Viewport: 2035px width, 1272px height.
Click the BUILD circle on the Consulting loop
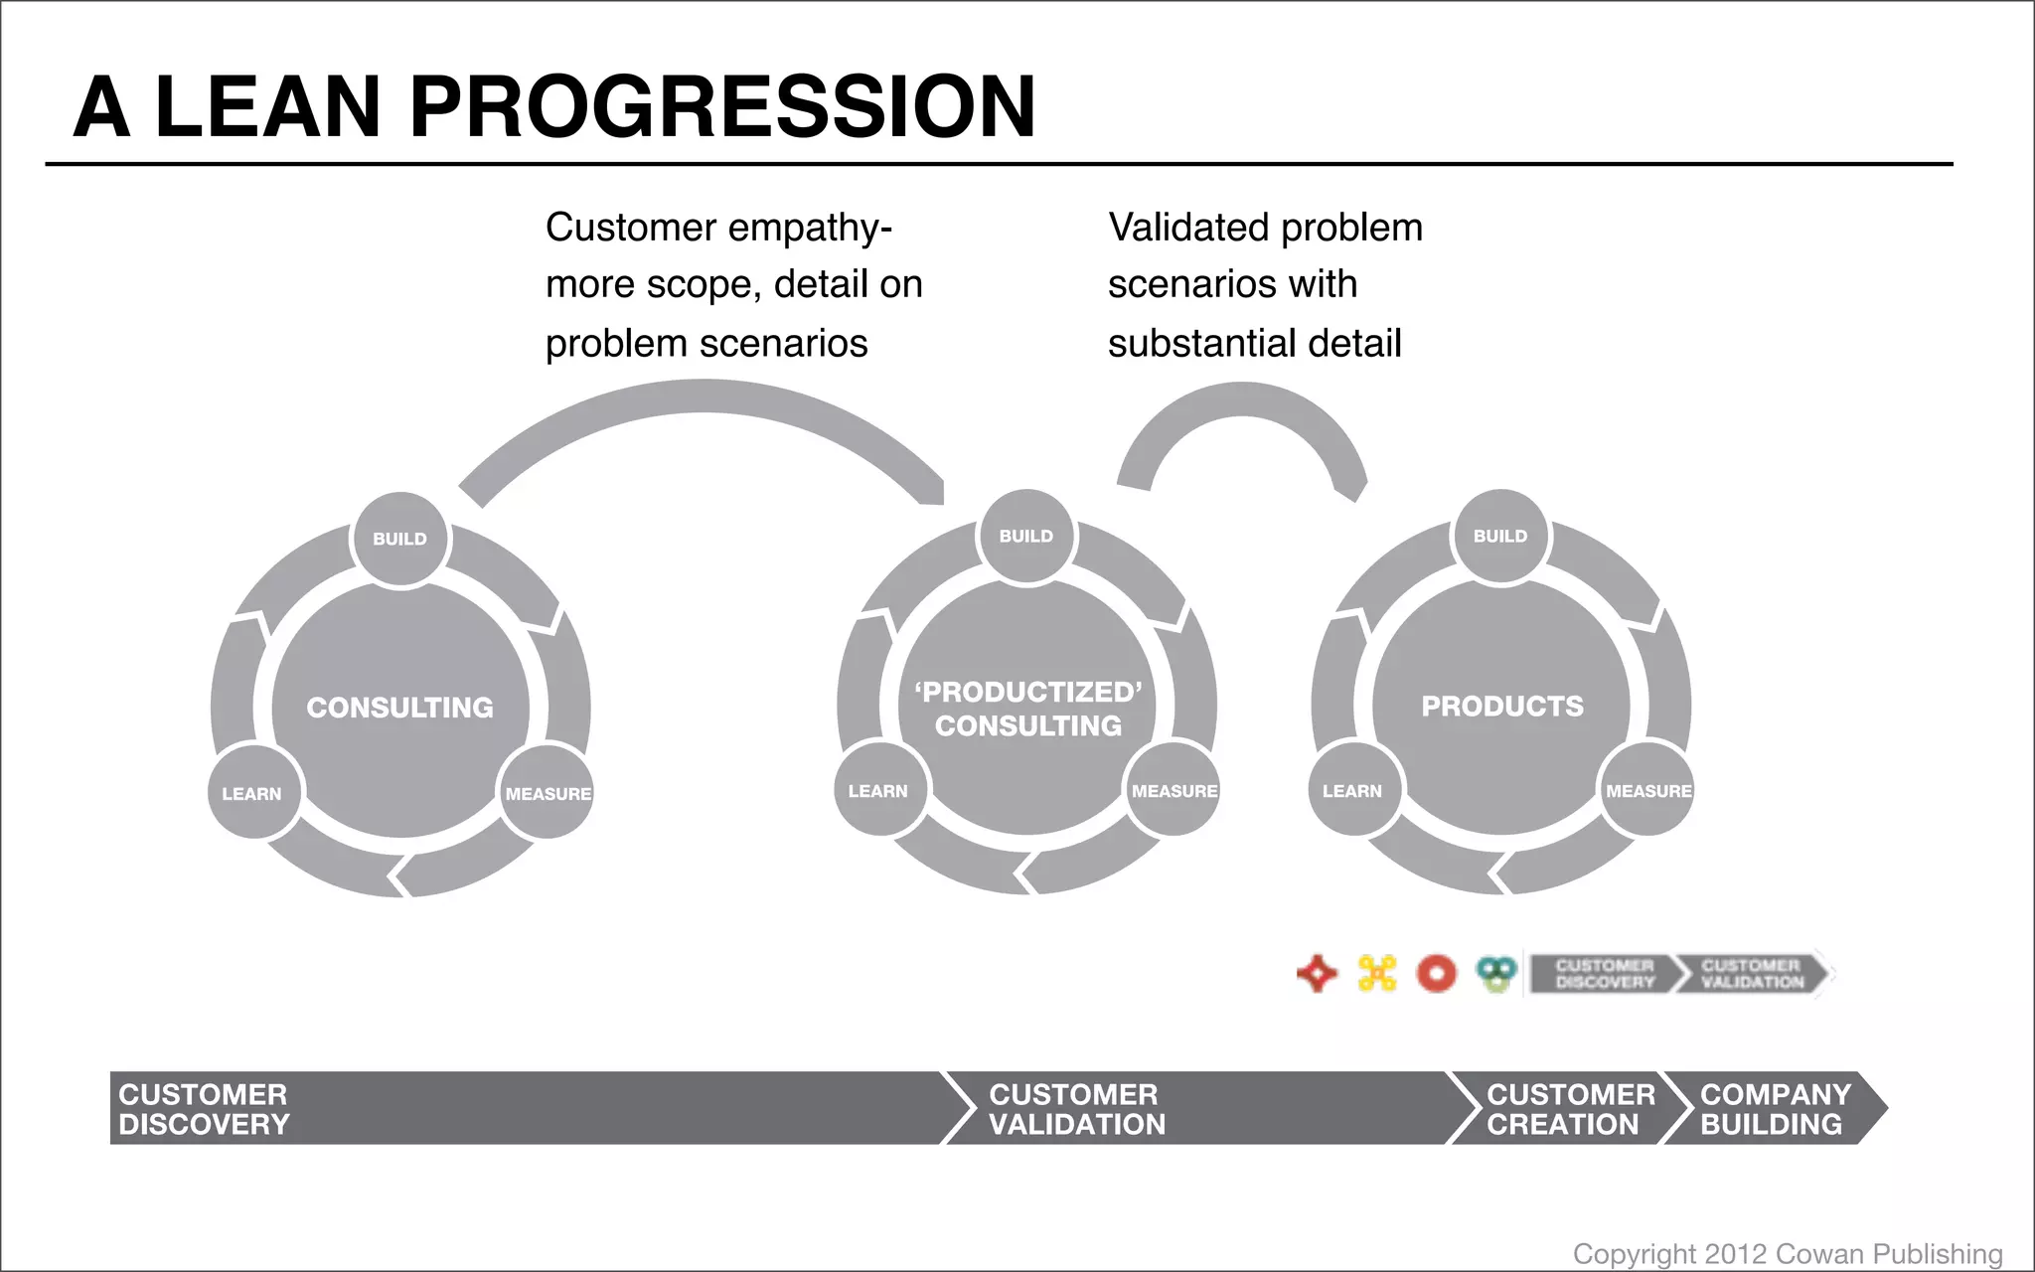[x=400, y=539]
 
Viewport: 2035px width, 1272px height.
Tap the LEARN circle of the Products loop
[x=1352, y=791]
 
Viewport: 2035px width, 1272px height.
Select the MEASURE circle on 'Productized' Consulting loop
[x=1174, y=791]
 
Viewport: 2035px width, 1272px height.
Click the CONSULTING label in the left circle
[x=399, y=708]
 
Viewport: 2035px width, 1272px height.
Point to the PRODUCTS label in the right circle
[x=1501, y=706]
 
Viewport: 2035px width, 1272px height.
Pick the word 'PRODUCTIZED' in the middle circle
[x=1028, y=692]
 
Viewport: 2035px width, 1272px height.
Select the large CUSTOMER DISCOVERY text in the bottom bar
[x=204, y=1109]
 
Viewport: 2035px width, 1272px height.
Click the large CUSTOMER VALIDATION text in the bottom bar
[x=1076, y=1109]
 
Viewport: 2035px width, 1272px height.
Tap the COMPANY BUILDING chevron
[x=1774, y=1109]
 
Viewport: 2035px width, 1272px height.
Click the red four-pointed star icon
[x=1318, y=973]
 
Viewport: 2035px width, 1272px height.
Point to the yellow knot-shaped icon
[x=1377, y=973]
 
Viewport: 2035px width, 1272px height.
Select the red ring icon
[x=1436, y=973]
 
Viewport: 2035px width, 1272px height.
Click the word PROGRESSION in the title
[x=722, y=106]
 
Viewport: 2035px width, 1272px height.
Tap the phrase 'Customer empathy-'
[x=718, y=228]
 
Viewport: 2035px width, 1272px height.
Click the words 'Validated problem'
[x=1265, y=228]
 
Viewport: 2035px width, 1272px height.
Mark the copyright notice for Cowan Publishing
[x=1787, y=1253]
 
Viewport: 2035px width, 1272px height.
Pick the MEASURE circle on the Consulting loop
[x=548, y=793]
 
